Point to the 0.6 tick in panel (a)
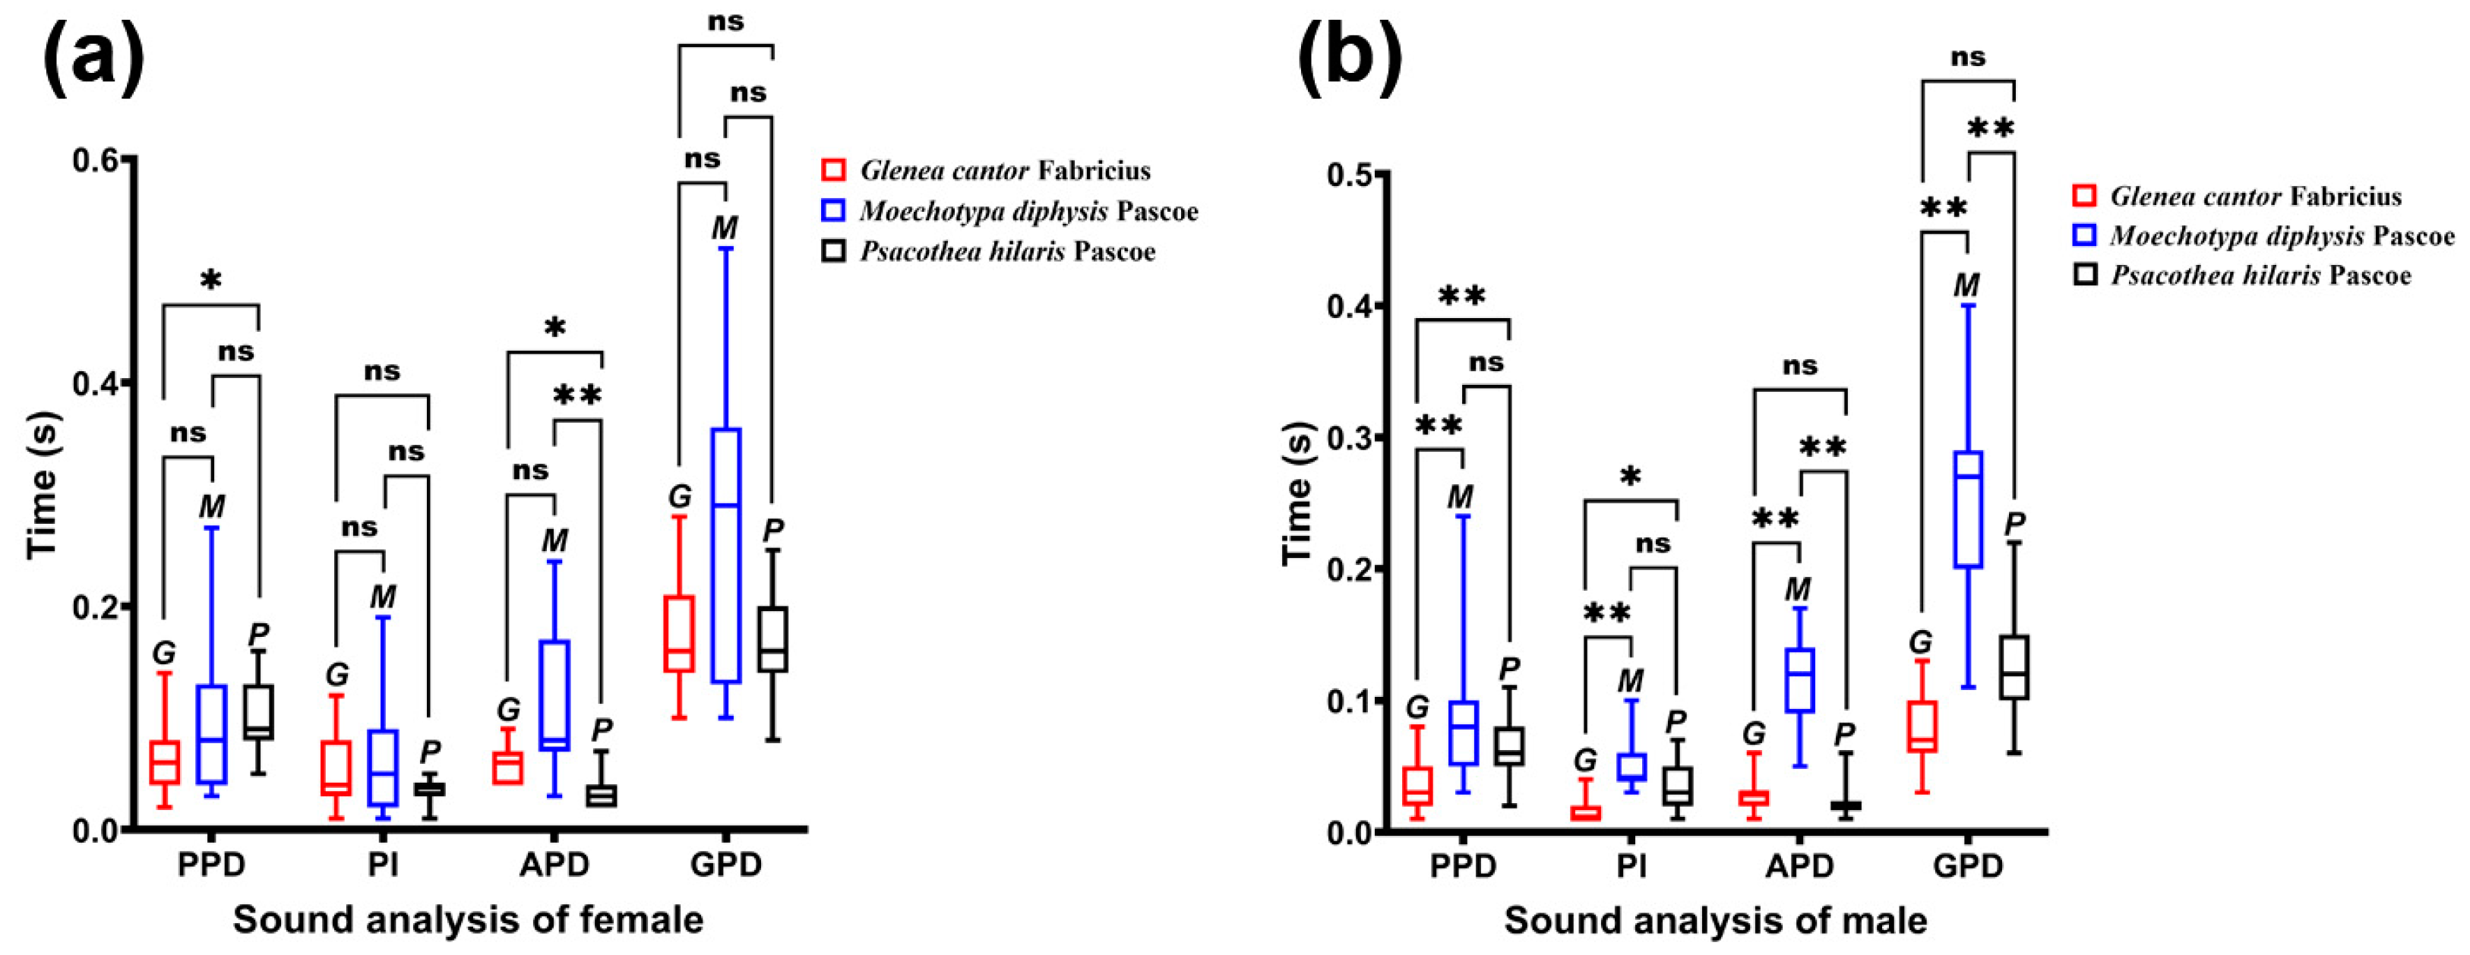(101, 159)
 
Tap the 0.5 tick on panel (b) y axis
(1352, 175)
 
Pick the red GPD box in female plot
(680, 633)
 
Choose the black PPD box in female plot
(259, 711)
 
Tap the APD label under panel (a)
(554, 865)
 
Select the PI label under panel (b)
(1631, 866)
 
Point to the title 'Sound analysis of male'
(1715, 921)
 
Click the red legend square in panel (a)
(834, 171)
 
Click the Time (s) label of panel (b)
(1297, 493)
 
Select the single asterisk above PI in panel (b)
(1631, 477)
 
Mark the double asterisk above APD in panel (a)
(577, 395)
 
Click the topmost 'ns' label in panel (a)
(726, 21)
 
